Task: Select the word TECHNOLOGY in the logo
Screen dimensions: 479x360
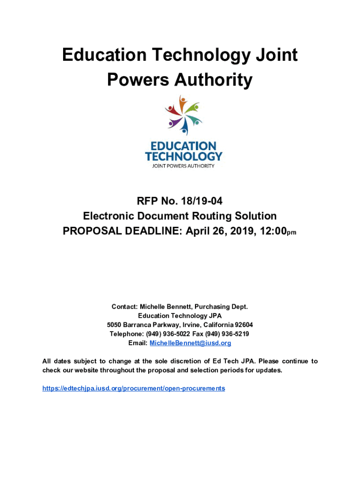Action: (x=184, y=156)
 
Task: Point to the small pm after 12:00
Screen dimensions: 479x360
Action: (x=291, y=233)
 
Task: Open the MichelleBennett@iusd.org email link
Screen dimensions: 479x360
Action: (x=190, y=343)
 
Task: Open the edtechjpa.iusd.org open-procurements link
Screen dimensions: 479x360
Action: (x=134, y=388)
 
